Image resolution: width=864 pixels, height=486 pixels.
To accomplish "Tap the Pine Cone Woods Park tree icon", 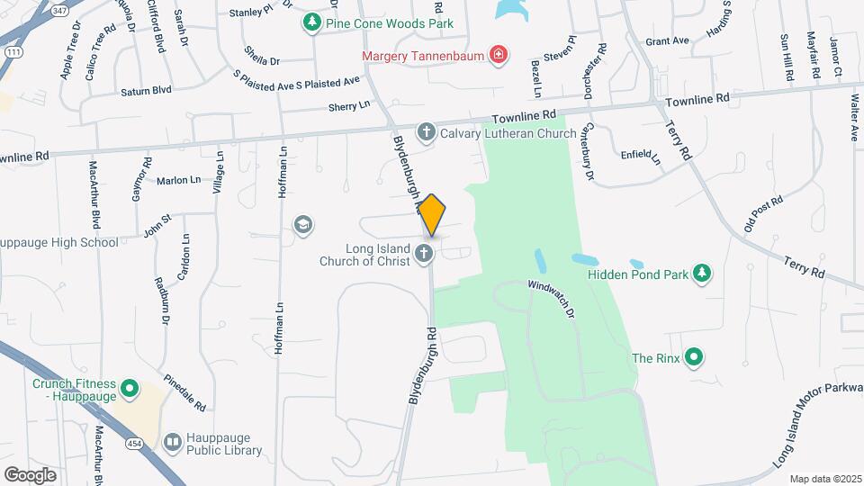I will point(312,21).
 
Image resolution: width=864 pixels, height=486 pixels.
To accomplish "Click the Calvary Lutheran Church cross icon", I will point(427,133).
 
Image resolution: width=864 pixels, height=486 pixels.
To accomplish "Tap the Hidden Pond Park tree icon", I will point(701,273).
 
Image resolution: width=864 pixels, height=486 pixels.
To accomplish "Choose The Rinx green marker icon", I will point(693,358).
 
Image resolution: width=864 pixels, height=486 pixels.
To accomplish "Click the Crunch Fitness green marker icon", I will point(130,390).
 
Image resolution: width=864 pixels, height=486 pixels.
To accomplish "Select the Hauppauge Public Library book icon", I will point(173,442).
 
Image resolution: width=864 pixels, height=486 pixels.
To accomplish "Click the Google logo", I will point(30,474).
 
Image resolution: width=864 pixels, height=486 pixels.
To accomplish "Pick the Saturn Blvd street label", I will point(145,91).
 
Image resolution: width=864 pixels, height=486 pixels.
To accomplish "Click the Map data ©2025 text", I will point(824,478).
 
